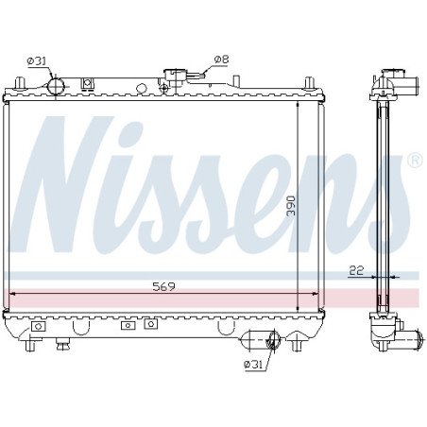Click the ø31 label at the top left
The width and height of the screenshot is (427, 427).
point(37,60)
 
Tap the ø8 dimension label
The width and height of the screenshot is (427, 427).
point(222,60)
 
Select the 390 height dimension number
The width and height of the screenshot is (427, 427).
point(291,206)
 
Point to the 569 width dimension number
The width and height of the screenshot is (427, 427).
point(163,286)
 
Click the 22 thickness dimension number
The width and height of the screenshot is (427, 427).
point(356,270)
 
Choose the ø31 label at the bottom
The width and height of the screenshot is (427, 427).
point(253,365)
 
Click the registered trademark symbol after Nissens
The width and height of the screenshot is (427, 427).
point(415,161)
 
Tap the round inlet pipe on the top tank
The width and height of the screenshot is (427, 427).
point(56,86)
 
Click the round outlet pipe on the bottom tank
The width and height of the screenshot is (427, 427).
point(273,339)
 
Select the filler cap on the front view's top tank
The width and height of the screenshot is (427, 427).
point(175,78)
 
